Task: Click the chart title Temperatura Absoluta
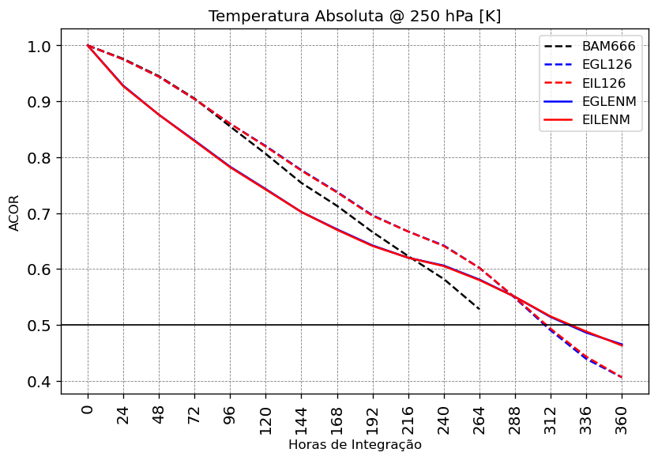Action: point(355,17)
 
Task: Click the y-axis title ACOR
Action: point(14,212)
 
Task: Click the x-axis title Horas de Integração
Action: point(355,445)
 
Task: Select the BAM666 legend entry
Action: point(608,47)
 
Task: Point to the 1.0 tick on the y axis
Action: point(39,46)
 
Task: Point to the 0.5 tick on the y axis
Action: point(39,326)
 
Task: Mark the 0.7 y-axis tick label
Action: point(39,214)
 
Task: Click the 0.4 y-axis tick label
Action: point(39,382)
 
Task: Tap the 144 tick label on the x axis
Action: point(302,414)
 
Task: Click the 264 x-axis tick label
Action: point(479,414)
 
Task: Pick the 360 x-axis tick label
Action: point(622,414)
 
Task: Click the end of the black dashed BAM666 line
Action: point(479,309)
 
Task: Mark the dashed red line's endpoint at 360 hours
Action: point(622,378)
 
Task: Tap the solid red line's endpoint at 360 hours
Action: point(622,345)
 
